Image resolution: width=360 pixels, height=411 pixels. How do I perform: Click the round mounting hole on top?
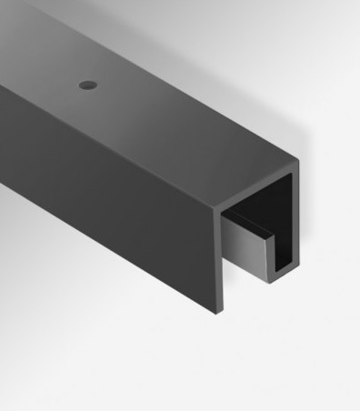click(87, 84)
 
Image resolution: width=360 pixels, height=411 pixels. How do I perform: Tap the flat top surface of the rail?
click(155, 100)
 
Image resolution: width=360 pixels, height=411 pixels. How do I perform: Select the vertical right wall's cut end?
click(293, 218)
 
